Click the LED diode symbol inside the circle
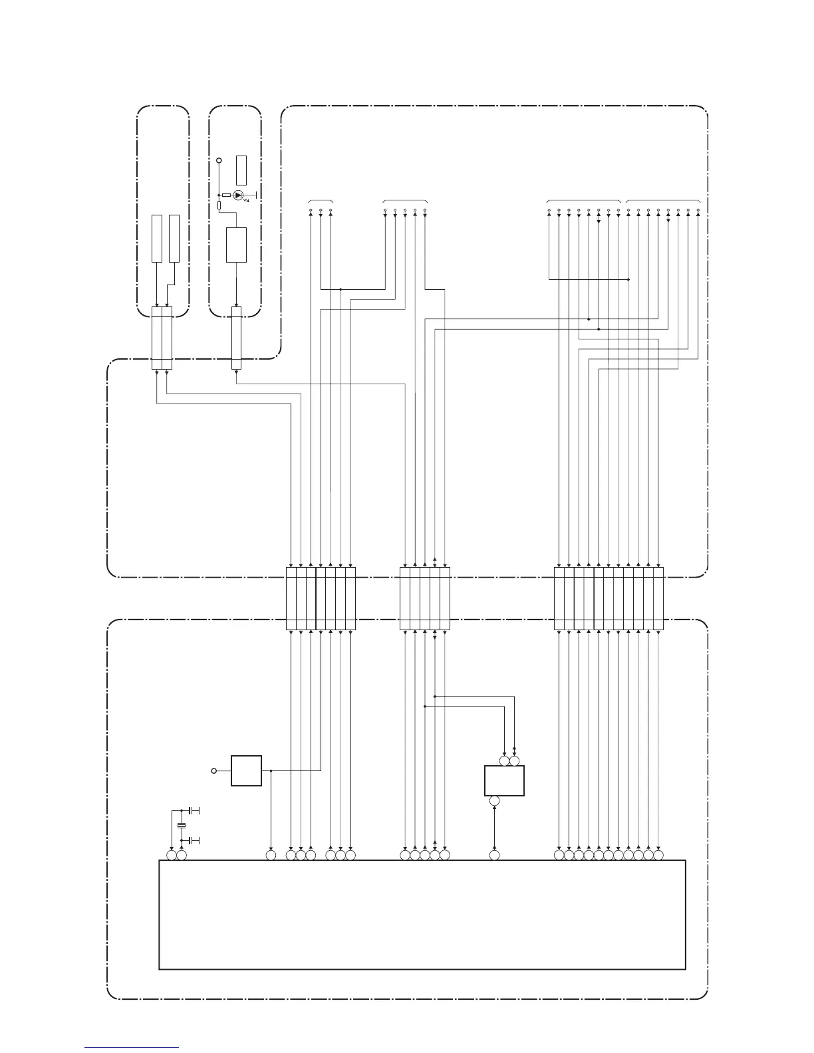[x=237, y=195]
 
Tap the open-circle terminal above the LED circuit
[x=219, y=160]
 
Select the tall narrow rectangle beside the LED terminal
[x=241, y=170]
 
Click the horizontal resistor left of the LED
[x=227, y=195]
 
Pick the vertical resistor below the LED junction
[x=219, y=206]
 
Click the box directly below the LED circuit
[x=236, y=245]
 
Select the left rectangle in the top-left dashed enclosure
[x=156, y=238]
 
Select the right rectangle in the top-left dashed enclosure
[x=174, y=238]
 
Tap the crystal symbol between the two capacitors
[x=181, y=826]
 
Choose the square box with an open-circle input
[x=246, y=770]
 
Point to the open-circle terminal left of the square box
[x=213, y=770]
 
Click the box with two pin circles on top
[x=504, y=780]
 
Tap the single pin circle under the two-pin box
[x=494, y=802]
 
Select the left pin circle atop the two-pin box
[x=505, y=760]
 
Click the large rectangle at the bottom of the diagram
[x=422, y=915]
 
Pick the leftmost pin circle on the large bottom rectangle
[x=172, y=855]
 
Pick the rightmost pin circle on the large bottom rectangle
[x=658, y=855]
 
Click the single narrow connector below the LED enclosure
[x=235, y=338]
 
